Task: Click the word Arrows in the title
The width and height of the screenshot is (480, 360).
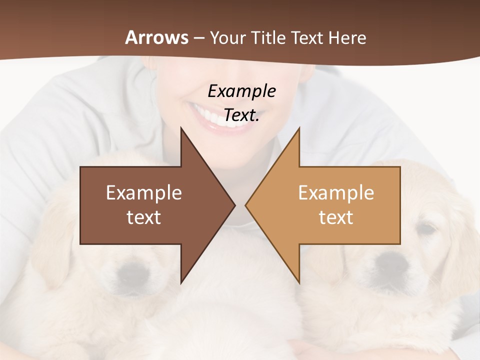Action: [156, 37]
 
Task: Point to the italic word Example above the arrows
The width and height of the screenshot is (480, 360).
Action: [241, 91]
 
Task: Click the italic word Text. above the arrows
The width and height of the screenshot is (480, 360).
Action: [241, 115]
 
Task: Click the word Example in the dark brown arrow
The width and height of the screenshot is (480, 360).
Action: [144, 193]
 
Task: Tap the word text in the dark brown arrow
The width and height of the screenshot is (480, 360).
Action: [144, 217]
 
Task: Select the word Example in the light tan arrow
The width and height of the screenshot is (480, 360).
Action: [336, 193]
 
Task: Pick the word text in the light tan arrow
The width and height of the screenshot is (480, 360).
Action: [336, 217]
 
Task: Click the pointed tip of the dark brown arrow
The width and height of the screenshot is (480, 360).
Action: [234, 205]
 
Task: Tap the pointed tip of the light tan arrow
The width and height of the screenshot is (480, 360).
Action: [246, 205]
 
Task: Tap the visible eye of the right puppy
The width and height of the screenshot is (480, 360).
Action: [426, 229]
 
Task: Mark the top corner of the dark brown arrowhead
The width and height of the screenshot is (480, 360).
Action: [181, 128]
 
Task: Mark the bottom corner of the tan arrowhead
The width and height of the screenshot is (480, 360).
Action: [299, 282]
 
